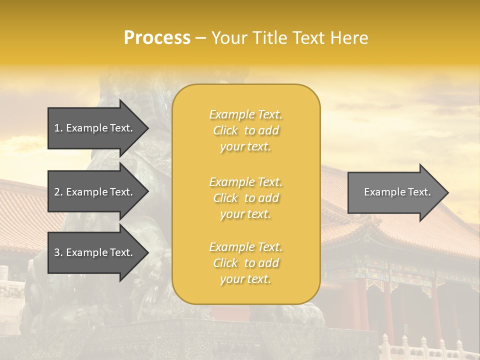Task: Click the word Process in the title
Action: pos(157,38)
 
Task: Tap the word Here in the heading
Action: pos(349,38)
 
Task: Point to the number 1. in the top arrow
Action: pos(58,128)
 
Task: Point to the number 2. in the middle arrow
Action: pos(58,192)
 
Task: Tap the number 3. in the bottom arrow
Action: pos(58,252)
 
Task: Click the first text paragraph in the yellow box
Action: pos(245,130)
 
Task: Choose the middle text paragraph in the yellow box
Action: pos(245,198)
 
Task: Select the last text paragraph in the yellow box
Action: pos(245,263)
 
